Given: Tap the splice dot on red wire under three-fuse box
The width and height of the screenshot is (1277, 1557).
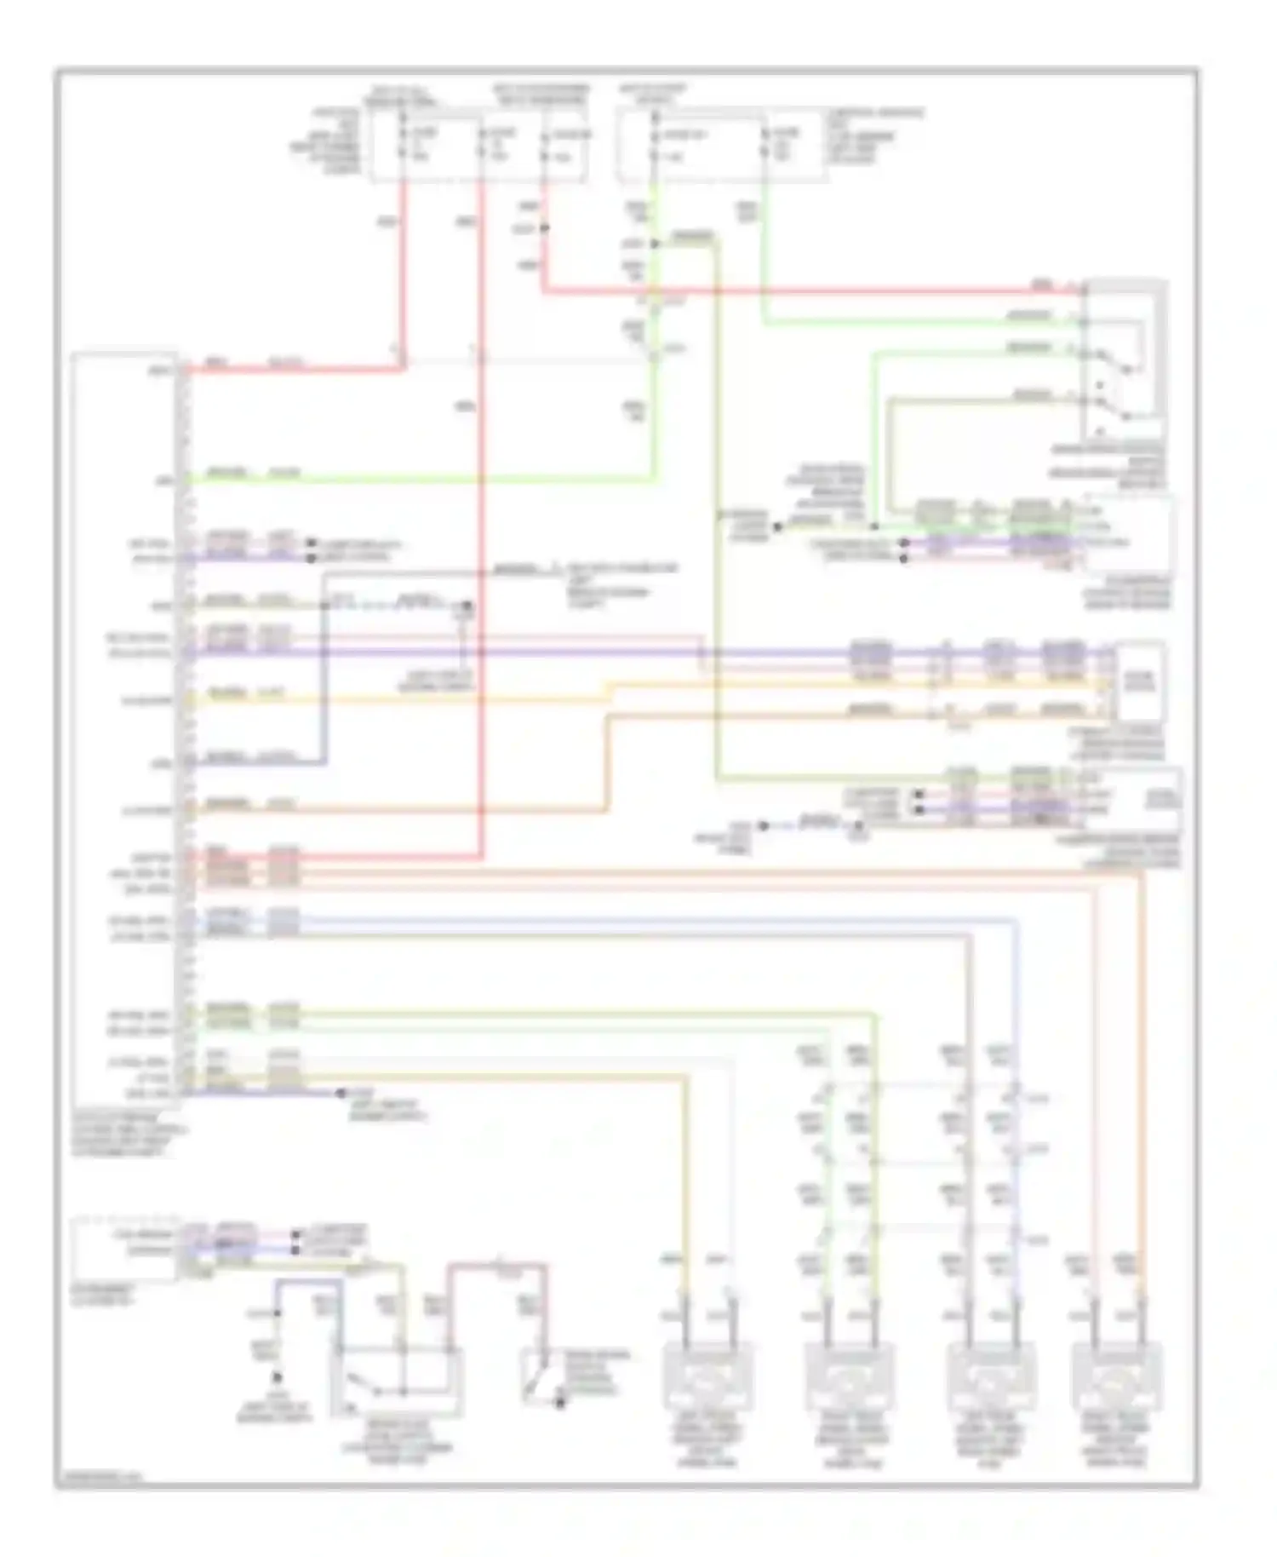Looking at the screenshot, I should [x=543, y=228].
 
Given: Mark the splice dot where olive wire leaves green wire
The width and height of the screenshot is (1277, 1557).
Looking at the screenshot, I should [x=654, y=244].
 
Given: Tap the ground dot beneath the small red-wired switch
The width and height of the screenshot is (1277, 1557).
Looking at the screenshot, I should [x=560, y=1403].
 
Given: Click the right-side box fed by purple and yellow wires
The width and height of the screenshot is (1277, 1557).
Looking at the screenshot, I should [x=1139, y=681].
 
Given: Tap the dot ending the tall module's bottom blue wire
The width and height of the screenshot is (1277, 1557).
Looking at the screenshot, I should [x=341, y=1092].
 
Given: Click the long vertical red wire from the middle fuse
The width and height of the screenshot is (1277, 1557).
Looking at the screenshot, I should [x=482, y=511].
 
